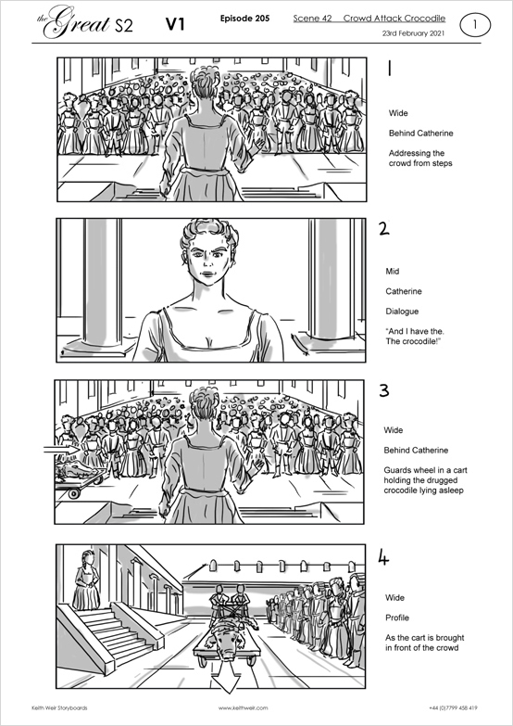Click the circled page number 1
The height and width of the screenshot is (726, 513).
pyautogui.click(x=475, y=25)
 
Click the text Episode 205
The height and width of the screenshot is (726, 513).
pyautogui.click(x=244, y=19)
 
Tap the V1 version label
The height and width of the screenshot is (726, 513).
pyautogui.click(x=175, y=24)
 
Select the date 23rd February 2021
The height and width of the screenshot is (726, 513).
pyautogui.click(x=413, y=33)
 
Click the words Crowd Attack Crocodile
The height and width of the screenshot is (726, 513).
pyautogui.click(x=394, y=19)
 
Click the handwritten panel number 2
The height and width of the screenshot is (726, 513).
pyautogui.click(x=383, y=229)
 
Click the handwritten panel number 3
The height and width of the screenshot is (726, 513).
pyautogui.click(x=384, y=391)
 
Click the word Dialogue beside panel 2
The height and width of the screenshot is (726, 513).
pyautogui.click(x=402, y=312)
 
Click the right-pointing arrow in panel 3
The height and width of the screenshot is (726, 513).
pyautogui.click(x=61, y=449)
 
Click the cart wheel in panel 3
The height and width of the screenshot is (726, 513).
pyautogui.click(x=73, y=493)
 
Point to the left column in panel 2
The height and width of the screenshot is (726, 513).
pyautogui.click(x=102, y=284)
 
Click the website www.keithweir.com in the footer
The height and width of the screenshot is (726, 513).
pyautogui.click(x=243, y=707)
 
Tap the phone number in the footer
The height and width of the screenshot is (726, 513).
pyautogui.click(x=454, y=707)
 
